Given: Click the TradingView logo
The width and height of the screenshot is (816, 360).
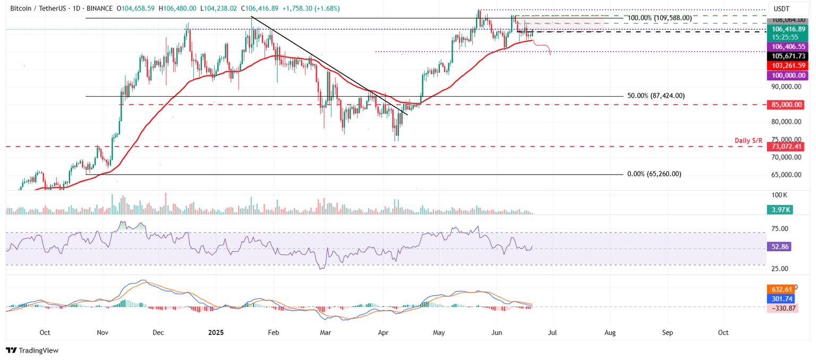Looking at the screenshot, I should tap(32, 350).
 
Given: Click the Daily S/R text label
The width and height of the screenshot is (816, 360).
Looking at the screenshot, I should tap(748, 140).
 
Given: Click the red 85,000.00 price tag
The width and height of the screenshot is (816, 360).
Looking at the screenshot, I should tap(784, 105).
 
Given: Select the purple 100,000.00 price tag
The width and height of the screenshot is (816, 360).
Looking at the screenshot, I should tap(784, 76).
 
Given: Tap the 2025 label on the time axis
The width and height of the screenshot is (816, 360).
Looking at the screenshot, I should tap(216, 332).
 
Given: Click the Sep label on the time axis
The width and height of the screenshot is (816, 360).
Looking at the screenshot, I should tap(667, 332).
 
